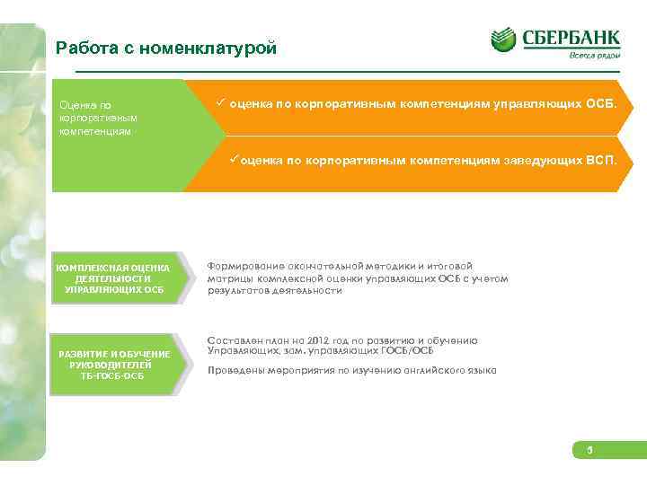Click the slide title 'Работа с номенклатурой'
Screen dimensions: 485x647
pyautogui.click(x=165, y=48)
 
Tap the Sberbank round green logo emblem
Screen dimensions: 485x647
pyautogui.click(x=503, y=40)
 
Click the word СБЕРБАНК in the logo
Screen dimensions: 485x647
pyautogui.click(x=569, y=39)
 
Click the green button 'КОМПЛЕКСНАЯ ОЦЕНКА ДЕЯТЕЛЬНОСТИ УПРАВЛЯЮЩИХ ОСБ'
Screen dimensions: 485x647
pyautogui.click(x=113, y=279)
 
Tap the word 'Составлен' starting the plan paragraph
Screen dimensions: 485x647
pyautogui.click(x=232, y=341)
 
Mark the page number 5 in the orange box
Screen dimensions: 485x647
pyautogui.click(x=590, y=450)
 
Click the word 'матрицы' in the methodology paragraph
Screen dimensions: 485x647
pyautogui.click(x=228, y=278)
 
